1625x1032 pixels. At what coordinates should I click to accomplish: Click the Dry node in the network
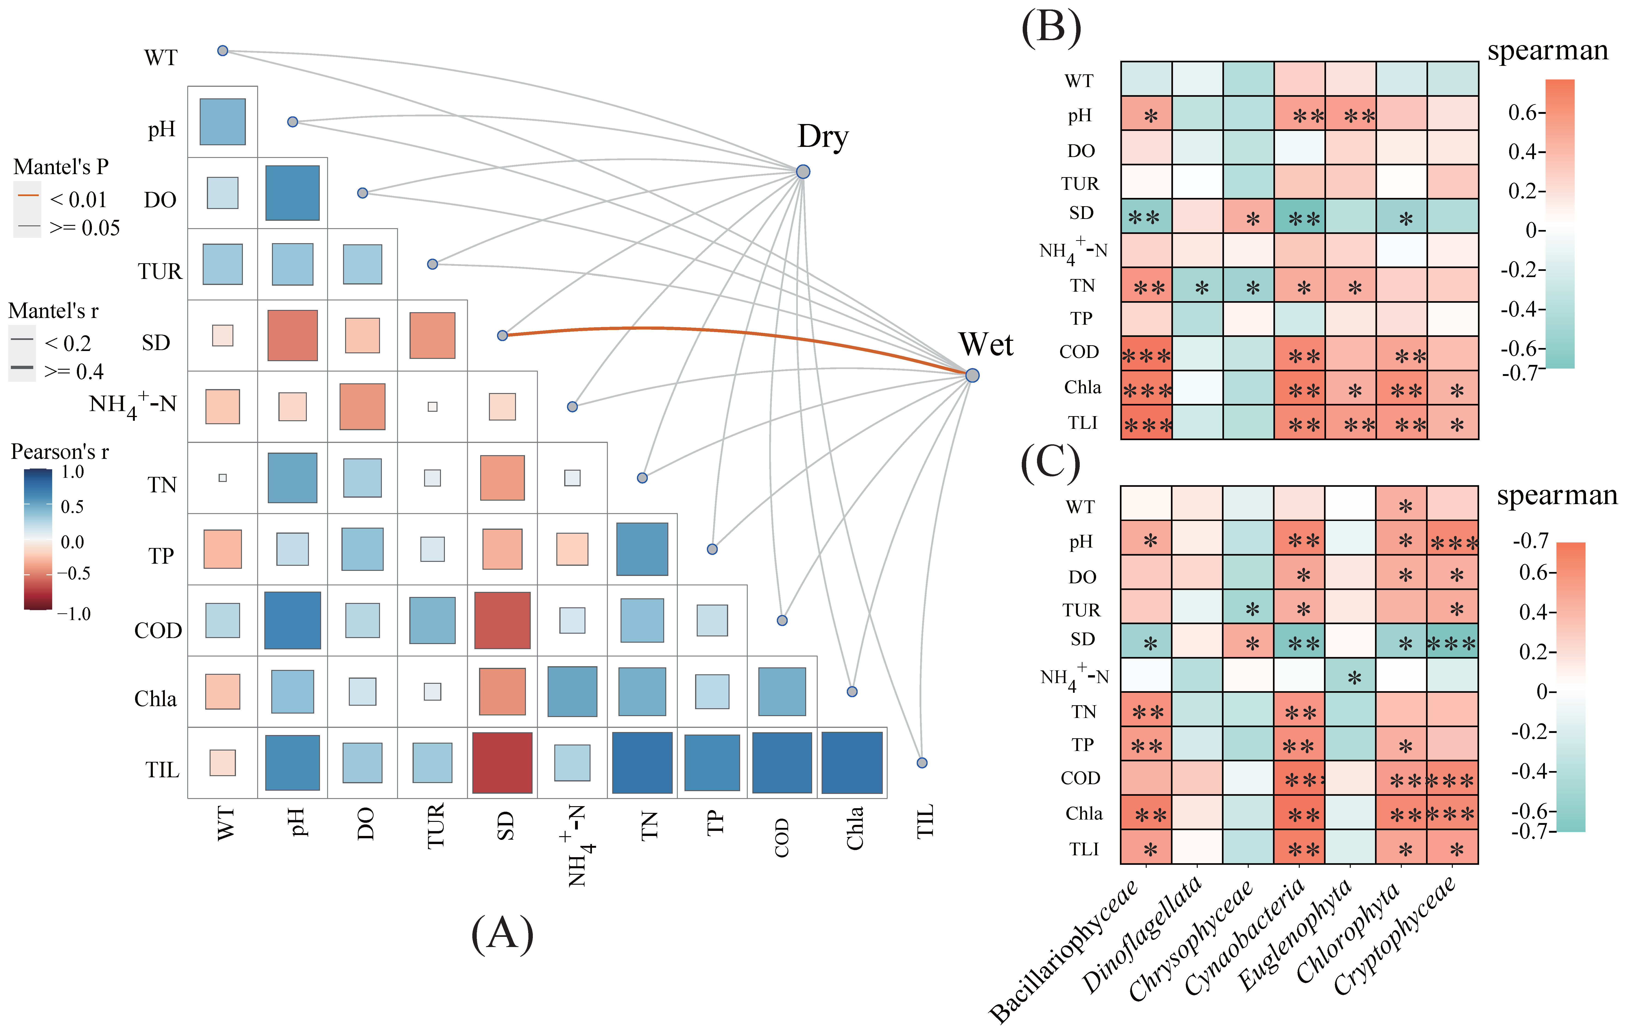[x=802, y=171]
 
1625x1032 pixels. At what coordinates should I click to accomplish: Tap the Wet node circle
[x=972, y=375]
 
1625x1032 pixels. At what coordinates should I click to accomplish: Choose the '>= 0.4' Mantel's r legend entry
[x=74, y=371]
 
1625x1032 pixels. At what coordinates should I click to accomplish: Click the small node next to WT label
[x=223, y=51]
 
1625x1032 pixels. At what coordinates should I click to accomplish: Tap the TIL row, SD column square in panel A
[x=502, y=762]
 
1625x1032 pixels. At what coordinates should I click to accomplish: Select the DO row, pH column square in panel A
[x=292, y=193]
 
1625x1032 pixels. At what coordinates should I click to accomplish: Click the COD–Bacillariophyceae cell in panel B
[x=1146, y=354]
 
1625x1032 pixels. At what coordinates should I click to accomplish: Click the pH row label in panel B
[x=1080, y=115]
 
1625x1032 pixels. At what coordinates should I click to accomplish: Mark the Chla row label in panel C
[x=1084, y=813]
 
